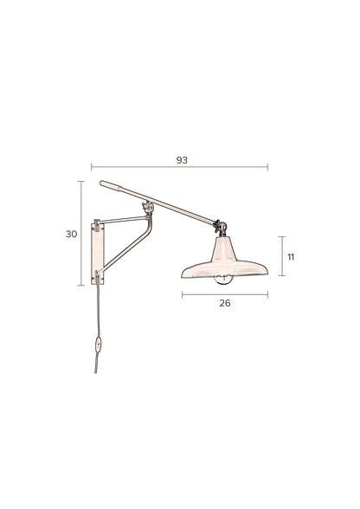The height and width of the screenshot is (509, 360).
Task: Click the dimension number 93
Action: pos(182,160)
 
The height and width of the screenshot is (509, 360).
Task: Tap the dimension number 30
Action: pos(71,234)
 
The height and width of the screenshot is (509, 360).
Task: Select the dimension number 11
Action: pos(292,257)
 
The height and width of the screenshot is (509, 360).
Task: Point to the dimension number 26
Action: pos(225,303)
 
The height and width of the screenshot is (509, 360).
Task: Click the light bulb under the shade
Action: pos(224,278)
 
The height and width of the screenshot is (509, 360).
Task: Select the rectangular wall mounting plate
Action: pos(96,252)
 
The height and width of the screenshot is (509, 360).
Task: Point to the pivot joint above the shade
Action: pos(222,228)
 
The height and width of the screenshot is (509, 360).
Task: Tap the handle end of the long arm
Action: pos(106,184)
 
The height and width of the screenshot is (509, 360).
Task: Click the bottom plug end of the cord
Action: pos(96,370)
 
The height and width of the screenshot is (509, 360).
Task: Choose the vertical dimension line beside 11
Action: pos(280,257)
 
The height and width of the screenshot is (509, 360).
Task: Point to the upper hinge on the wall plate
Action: pos(96,225)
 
